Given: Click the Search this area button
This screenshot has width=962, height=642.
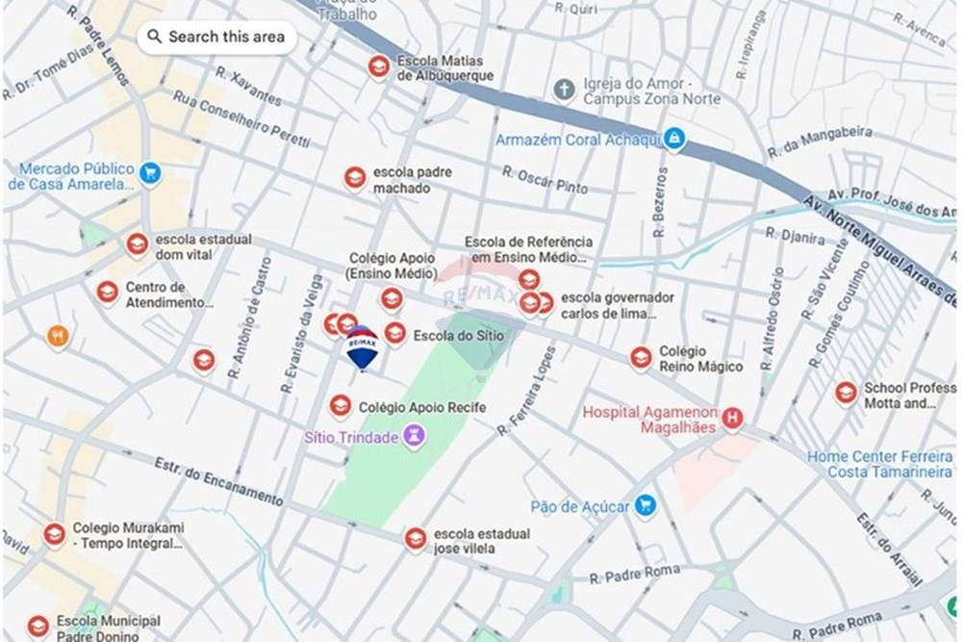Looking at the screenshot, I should coord(216,38).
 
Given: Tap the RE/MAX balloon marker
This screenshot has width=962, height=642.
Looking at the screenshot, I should coord(362,347).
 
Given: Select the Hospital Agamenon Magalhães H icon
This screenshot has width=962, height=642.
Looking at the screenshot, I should coord(734,419).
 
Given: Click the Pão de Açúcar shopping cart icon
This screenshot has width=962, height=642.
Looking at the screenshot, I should coord(646,504).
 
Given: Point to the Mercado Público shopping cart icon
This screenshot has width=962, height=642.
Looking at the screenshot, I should coord(149,174).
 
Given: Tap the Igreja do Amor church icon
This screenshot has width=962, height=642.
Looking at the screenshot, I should coord(565,90).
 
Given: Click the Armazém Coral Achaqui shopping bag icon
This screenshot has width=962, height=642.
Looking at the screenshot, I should coord(675,140).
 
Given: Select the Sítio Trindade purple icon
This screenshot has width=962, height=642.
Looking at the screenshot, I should coord(415,438).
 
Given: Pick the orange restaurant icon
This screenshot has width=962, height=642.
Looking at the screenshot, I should coord(58,336).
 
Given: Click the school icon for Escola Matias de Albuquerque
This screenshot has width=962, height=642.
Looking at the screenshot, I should coord(380,66).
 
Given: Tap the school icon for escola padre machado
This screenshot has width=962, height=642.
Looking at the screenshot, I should coord(356,178).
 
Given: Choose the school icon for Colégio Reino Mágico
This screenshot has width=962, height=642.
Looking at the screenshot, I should coord(642,358).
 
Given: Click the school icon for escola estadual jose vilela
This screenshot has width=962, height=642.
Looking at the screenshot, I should coord(416,538).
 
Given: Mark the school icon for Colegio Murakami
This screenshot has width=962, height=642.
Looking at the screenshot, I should coord(55,534).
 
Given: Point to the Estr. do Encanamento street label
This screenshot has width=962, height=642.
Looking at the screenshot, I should coord(219,483).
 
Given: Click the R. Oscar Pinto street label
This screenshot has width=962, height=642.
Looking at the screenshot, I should coord(544,179).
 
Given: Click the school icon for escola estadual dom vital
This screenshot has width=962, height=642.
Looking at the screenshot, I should coord(138,245).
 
